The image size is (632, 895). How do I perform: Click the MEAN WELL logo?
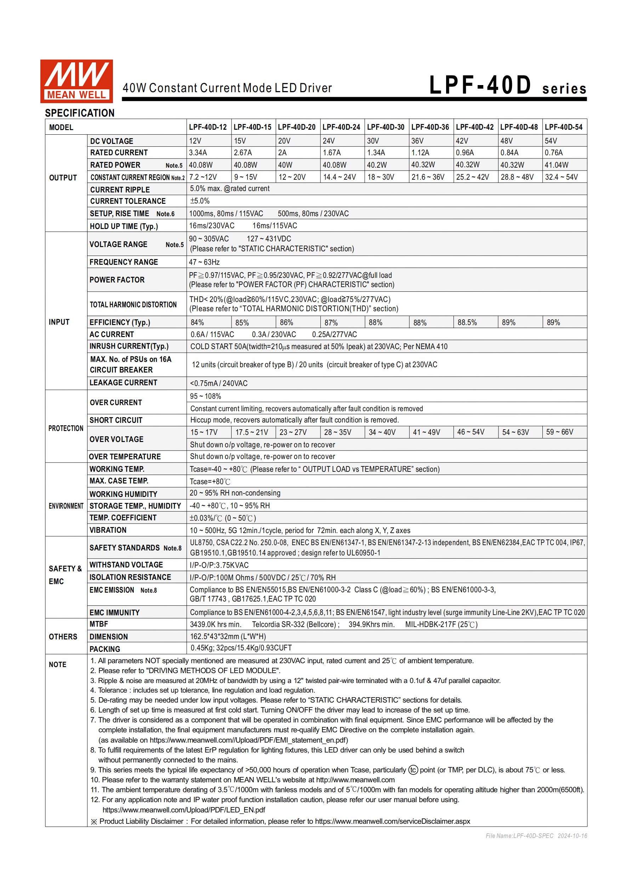tap(76, 81)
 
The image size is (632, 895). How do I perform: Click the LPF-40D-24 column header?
tap(341, 127)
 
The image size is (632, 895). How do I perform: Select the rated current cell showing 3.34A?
tap(198, 153)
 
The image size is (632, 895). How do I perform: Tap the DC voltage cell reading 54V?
tap(551, 141)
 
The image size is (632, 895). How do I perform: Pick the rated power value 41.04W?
tap(557, 165)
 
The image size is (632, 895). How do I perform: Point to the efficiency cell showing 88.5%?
tap(467, 322)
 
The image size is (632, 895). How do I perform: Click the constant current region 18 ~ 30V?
tap(381, 177)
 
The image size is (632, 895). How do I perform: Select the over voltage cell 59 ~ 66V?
tap(559, 432)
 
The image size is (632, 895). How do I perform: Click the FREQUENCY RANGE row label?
tap(124, 262)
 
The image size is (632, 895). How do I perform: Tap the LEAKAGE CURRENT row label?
tap(123, 383)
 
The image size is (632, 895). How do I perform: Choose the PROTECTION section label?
tap(66, 429)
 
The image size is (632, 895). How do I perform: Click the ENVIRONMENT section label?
tap(66, 506)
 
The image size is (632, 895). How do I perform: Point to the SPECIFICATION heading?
tap(79, 113)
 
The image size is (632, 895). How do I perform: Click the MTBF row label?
tap(98, 624)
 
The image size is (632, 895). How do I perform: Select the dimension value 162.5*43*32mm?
tap(228, 637)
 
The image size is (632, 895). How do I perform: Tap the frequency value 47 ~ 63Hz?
tap(204, 262)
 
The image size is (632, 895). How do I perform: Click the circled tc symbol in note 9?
tap(413, 770)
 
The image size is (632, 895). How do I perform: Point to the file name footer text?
tap(536, 836)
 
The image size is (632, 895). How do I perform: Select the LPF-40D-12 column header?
tap(207, 127)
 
